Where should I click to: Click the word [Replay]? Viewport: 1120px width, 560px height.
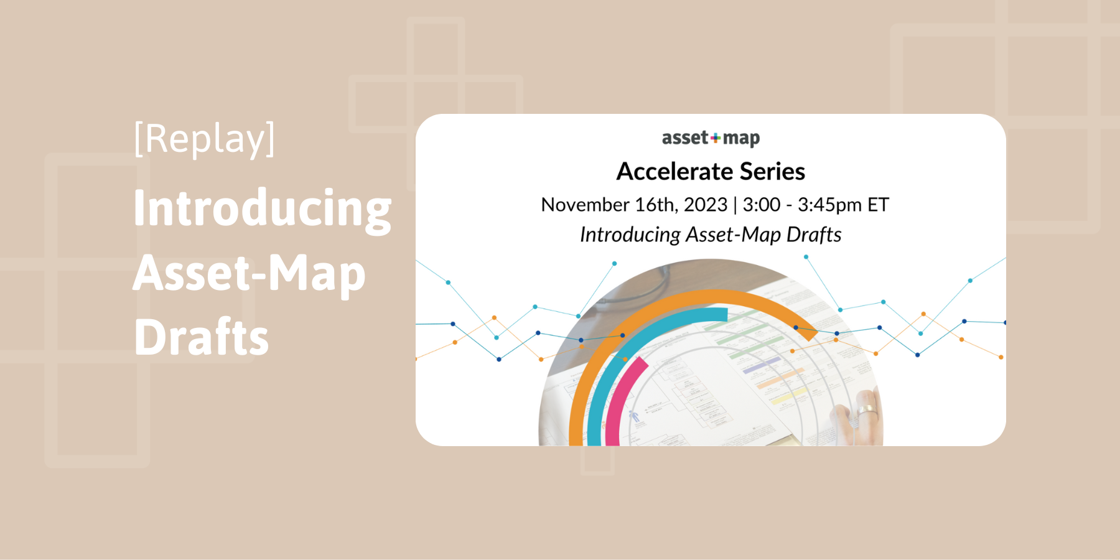pos(204,139)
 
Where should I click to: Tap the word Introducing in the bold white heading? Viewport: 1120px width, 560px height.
pos(262,208)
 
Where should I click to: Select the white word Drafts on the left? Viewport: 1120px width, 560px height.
pos(201,337)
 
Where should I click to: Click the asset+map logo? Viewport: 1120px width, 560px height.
pos(711,138)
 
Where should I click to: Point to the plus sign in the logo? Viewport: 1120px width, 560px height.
pos(715,138)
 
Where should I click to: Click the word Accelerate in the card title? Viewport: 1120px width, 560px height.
pos(674,172)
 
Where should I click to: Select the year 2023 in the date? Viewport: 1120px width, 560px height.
pos(705,205)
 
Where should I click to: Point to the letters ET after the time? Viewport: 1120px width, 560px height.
pos(878,205)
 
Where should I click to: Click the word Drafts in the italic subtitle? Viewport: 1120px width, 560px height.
pos(814,235)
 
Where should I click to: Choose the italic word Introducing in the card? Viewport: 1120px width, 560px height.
pos(630,235)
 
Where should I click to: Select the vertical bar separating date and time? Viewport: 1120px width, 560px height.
pos(735,205)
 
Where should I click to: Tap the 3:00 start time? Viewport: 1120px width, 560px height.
pos(762,205)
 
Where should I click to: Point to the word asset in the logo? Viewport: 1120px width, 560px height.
pos(684,138)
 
